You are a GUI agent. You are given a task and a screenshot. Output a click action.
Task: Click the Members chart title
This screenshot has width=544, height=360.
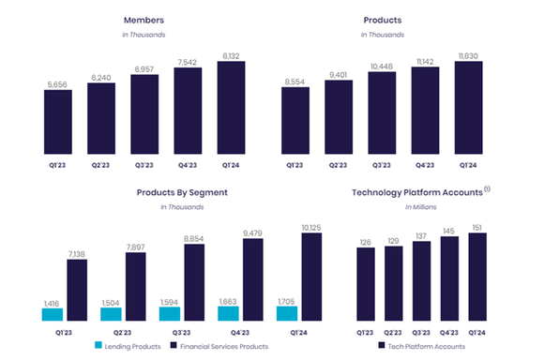point(144,20)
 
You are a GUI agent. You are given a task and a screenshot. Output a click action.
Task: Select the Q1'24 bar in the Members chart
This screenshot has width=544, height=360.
point(230,107)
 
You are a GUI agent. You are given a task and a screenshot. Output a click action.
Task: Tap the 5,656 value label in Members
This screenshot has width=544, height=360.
point(56,83)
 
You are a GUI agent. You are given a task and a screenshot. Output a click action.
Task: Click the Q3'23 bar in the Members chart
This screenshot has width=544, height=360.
point(144,113)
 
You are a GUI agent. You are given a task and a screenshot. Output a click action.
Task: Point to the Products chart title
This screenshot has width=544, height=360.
point(382,20)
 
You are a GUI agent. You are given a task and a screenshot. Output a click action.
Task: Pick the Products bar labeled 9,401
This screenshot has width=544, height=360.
point(338,116)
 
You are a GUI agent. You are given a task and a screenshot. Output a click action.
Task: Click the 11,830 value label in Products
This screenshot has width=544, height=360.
point(470,54)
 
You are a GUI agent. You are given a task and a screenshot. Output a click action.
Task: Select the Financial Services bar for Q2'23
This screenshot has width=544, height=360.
point(135,288)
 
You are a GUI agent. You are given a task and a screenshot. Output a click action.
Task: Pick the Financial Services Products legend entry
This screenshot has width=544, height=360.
point(226,347)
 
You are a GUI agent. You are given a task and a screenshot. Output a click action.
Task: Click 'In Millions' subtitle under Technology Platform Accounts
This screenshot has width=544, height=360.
point(421,207)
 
